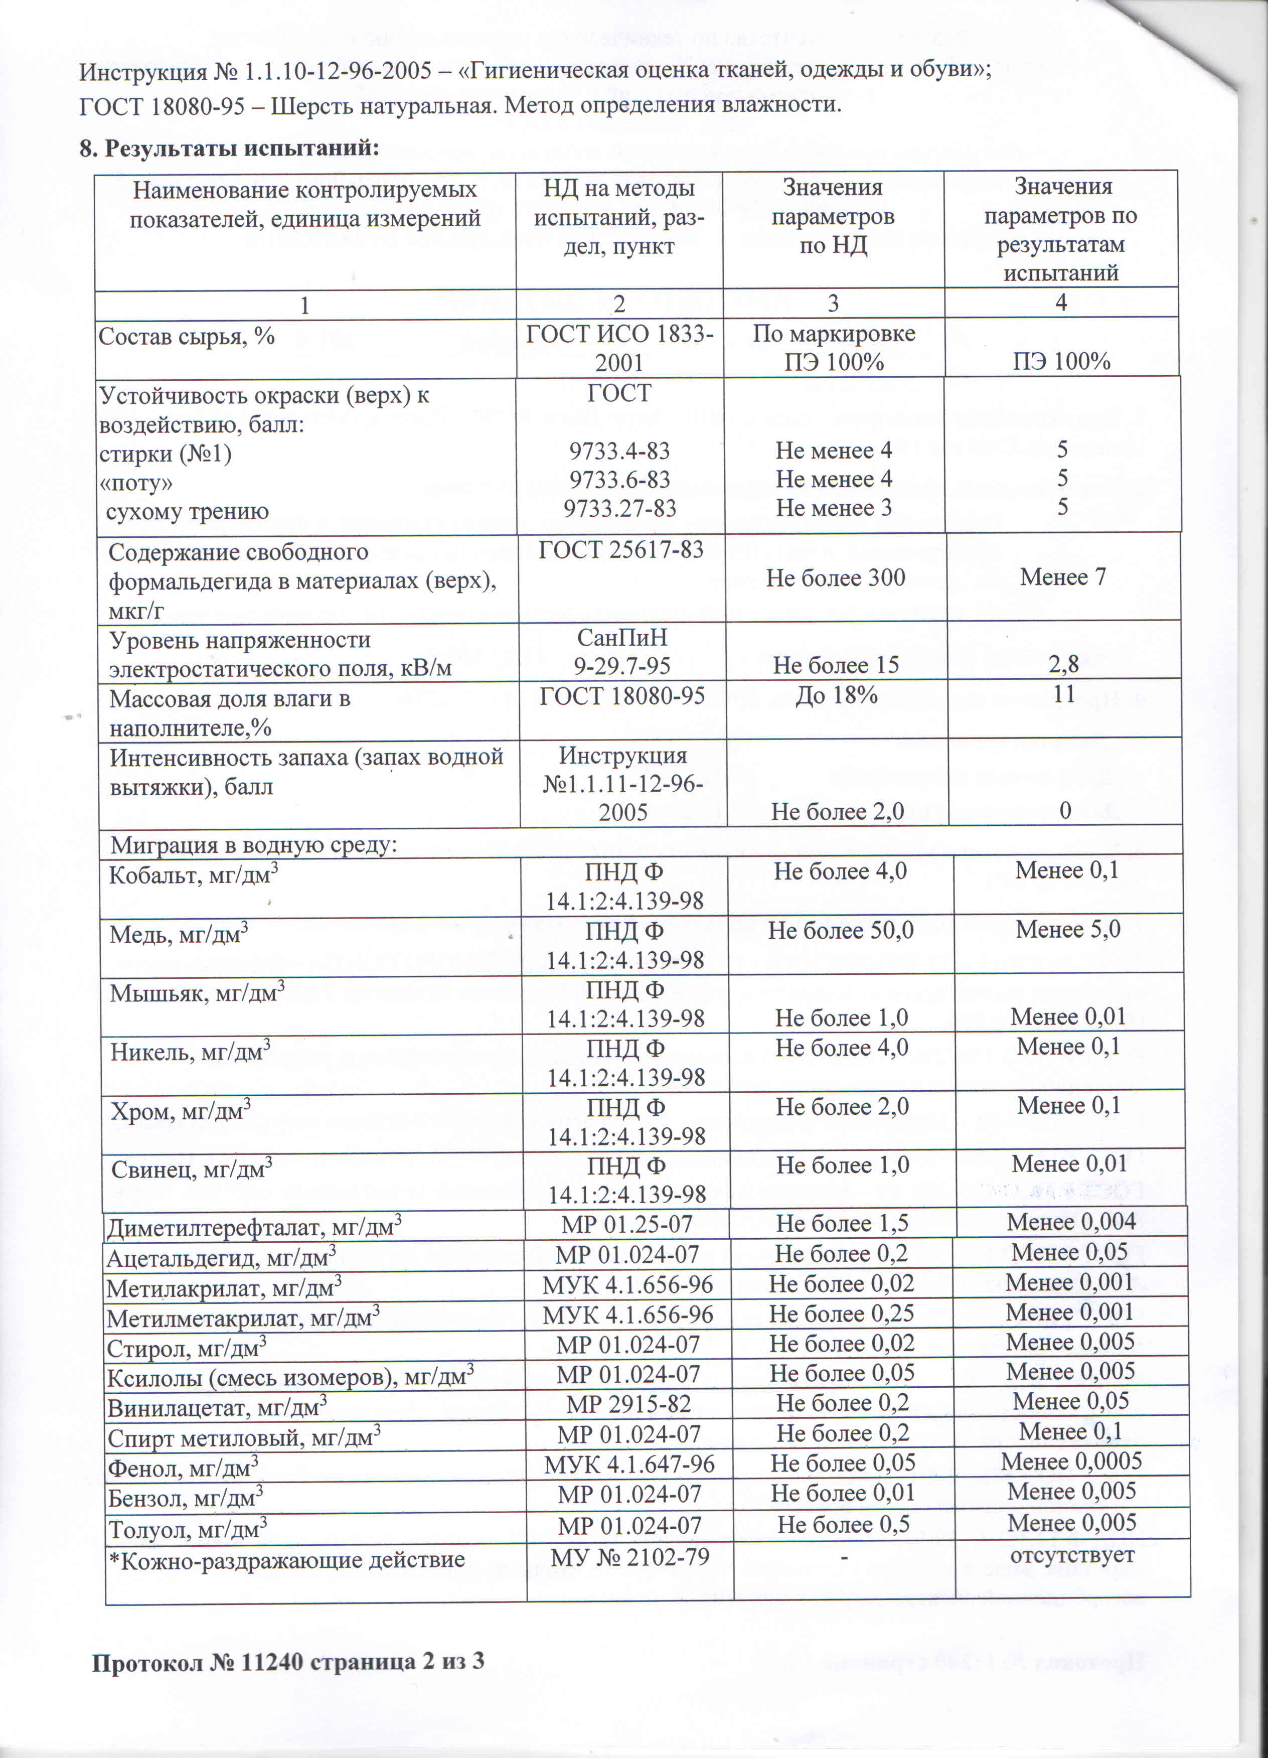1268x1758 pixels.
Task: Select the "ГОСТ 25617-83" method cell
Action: point(621,549)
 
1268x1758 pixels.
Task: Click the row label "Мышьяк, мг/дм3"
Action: point(197,993)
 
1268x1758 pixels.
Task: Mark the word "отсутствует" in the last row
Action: point(1072,1555)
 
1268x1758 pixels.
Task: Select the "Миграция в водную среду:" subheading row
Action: point(253,844)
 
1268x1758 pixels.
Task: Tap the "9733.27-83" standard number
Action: point(619,509)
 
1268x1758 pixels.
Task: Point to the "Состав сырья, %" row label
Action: point(186,337)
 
